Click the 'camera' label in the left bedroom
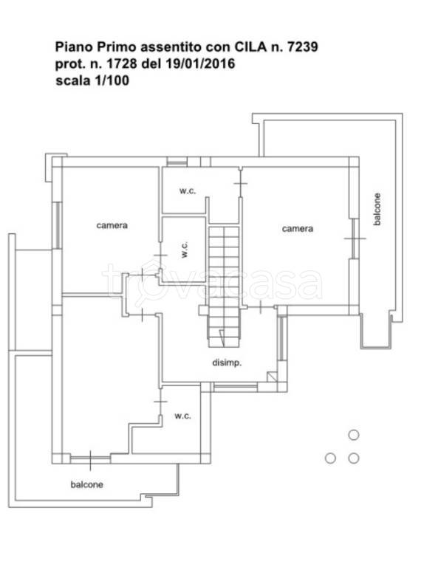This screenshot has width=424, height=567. pyautogui.click(x=112, y=226)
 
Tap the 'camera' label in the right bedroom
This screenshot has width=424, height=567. pyautogui.click(x=298, y=229)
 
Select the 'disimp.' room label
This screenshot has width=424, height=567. pyautogui.click(x=227, y=362)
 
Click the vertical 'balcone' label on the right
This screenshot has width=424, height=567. pyautogui.click(x=377, y=210)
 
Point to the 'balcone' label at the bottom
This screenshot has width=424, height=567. pyautogui.click(x=87, y=484)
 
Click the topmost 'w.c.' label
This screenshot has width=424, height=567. pyautogui.click(x=188, y=191)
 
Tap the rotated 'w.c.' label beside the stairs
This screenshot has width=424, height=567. pyautogui.click(x=185, y=250)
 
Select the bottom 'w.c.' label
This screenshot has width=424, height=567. pyautogui.click(x=182, y=416)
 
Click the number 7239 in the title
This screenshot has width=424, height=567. pyautogui.click(x=302, y=47)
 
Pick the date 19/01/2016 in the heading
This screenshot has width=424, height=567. pyautogui.click(x=200, y=63)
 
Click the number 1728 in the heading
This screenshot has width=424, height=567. pyautogui.click(x=122, y=63)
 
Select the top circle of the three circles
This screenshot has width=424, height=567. pyautogui.click(x=353, y=435)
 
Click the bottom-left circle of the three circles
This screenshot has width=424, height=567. pyautogui.click(x=330, y=458)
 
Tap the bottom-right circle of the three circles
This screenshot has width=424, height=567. pyautogui.click(x=353, y=458)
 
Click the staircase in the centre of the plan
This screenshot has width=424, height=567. pyautogui.click(x=224, y=286)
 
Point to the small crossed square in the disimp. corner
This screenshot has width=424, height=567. pyautogui.click(x=272, y=377)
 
